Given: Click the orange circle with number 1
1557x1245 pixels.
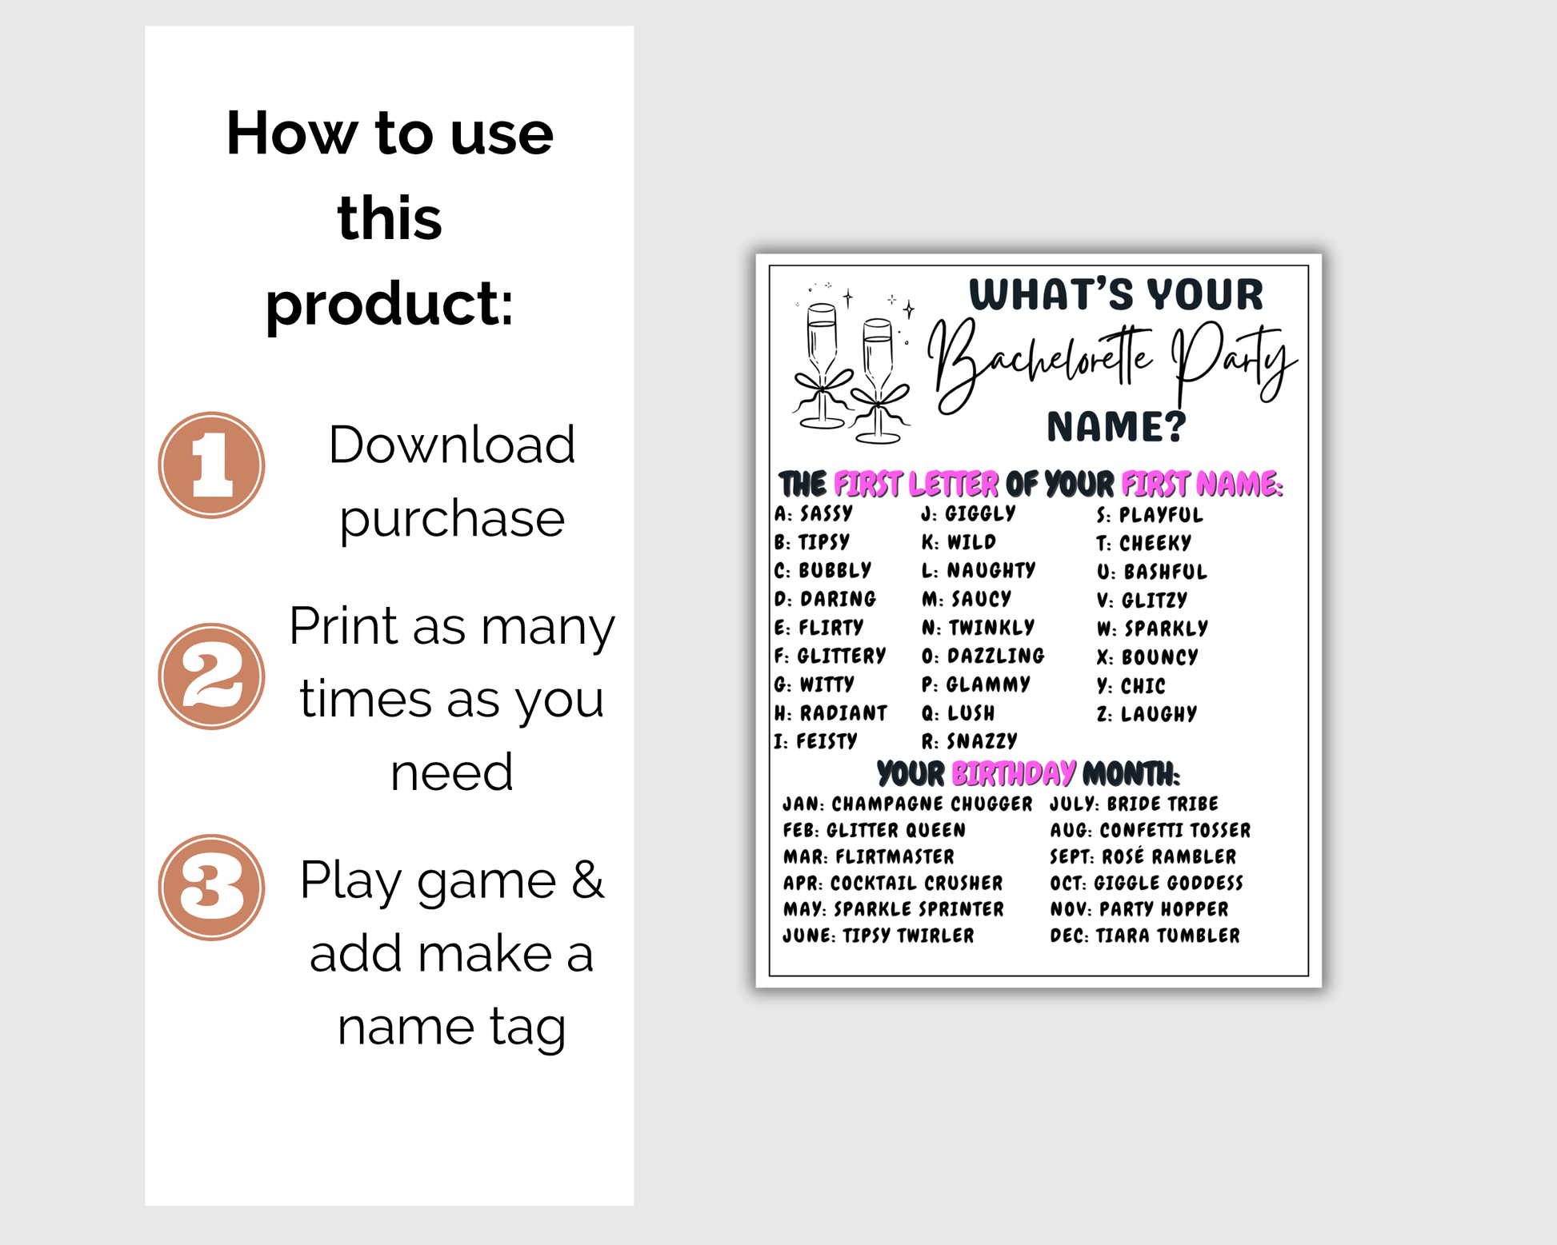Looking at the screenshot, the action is pyautogui.click(x=211, y=465).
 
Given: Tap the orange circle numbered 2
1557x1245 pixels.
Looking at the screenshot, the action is pyautogui.click(x=211, y=676).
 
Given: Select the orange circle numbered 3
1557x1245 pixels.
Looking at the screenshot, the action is pyautogui.click(x=211, y=888).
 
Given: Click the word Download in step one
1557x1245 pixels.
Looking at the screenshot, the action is pyautogui.click(x=451, y=445).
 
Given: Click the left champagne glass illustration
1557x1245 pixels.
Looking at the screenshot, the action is pyautogui.click(x=822, y=366).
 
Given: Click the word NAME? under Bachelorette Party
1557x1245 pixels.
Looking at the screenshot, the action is pyautogui.click(x=1117, y=427).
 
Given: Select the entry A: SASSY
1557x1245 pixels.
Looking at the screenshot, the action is pyautogui.click(x=814, y=513).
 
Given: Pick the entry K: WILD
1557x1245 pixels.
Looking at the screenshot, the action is pyautogui.click(x=959, y=542).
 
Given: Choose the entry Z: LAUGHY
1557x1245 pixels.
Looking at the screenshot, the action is pyautogui.click(x=1147, y=714).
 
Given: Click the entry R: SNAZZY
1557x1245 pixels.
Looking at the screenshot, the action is pyautogui.click(x=969, y=741).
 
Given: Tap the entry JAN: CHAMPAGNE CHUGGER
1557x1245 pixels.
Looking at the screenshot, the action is pyautogui.click(x=907, y=804).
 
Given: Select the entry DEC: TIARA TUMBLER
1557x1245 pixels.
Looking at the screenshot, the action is pyautogui.click(x=1145, y=936).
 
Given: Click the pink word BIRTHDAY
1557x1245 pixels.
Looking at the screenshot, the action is pyautogui.click(x=1014, y=773).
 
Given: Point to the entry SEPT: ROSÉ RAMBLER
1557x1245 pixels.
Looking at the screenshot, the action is pyautogui.click(x=1143, y=856).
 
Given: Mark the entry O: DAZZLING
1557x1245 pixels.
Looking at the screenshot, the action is pyautogui.click(x=983, y=656).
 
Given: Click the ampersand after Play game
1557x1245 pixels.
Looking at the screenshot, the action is pyautogui.click(x=588, y=880).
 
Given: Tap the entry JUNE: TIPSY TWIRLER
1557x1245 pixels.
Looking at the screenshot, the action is pyautogui.click(x=879, y=936).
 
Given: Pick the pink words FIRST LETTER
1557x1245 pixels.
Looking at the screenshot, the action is pyautogui.click(x=916, y=485).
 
